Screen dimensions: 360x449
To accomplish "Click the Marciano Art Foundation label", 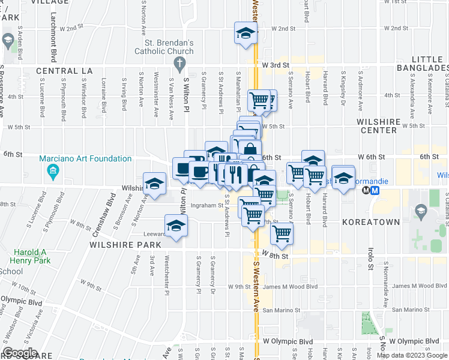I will click(85, 159).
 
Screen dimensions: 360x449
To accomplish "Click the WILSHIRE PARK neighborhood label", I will click(125, 245).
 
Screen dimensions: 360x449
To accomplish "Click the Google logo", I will click(20, 353).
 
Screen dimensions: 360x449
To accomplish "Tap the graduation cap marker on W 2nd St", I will click(246, 34).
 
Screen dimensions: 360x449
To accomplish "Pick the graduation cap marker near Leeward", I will click(176, 226).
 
